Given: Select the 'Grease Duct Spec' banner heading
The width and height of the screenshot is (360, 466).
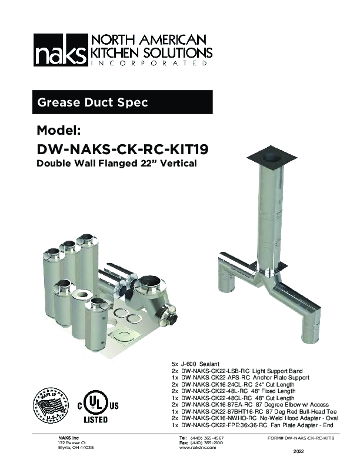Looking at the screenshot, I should click(92, 102).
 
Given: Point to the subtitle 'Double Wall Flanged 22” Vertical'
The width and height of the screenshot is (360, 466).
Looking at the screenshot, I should click(116, 163).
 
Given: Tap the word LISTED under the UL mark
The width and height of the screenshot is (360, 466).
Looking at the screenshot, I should click(95, 420).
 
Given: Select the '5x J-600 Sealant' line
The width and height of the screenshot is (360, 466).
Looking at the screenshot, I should click(196, 365).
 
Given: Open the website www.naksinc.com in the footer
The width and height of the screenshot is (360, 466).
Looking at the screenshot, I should click(197, 448).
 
